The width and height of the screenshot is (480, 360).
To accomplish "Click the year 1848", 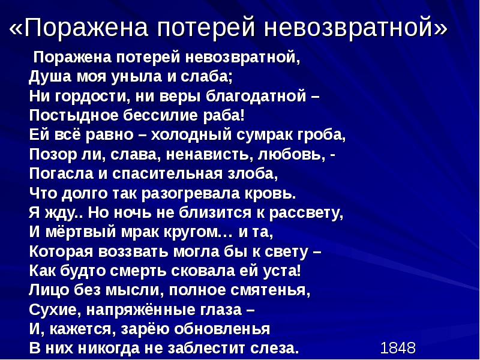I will click(x=398, y=348).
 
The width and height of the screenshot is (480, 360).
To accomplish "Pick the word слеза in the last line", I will click(x=273, y=347).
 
